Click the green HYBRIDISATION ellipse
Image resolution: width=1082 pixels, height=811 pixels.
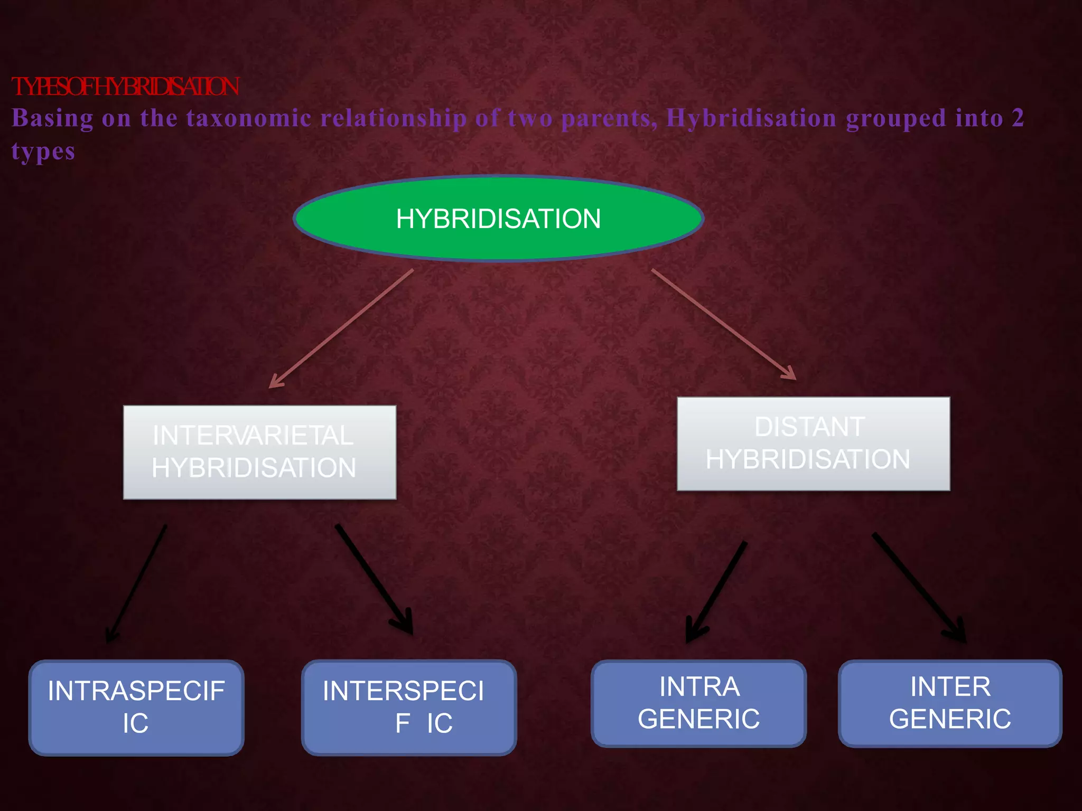click(x=498, y=219)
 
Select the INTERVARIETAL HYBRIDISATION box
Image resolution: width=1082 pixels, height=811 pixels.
click(x=259, y=452)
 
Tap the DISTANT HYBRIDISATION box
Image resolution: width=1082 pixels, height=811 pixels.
click(x=813, y=444)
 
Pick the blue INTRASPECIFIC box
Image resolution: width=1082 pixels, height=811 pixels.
click(x=136, y=707)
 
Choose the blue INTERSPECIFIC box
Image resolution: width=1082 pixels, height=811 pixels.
click(x=408, y=707)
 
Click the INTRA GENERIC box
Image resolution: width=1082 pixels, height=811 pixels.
click(x=698, y=703)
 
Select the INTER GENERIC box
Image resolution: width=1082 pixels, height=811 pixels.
click(x=949, y=703)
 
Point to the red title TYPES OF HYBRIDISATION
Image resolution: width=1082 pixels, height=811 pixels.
click(x=125, y=87)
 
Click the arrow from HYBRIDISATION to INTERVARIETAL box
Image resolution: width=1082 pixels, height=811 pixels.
click(x=341, y=328)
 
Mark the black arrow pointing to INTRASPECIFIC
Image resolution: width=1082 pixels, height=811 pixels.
click(x=137, y=583)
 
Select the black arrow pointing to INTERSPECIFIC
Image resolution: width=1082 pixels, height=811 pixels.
click(x=374, y=579)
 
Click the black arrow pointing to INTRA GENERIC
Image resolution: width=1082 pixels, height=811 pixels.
click(x=716, y=591)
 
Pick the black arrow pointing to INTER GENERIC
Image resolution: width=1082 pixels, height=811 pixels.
click(x=919, y=588)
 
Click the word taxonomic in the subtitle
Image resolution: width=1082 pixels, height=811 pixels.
click(x=248, y=118)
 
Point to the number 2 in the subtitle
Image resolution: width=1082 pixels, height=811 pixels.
click(x=1018, y=118)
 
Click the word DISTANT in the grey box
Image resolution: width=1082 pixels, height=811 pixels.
click(x=809, y=427)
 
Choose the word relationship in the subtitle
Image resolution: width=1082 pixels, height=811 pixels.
click(x=394, y=118)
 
